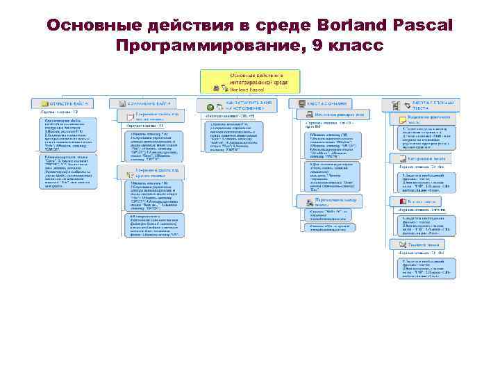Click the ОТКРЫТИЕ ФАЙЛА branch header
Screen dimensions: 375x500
pyautogui.click(x=63, y=103)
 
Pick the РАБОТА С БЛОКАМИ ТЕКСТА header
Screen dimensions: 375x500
pyautogui.click(x=424, y=104)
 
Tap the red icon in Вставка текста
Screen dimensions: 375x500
pyautogui.click(x=402, y=201)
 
